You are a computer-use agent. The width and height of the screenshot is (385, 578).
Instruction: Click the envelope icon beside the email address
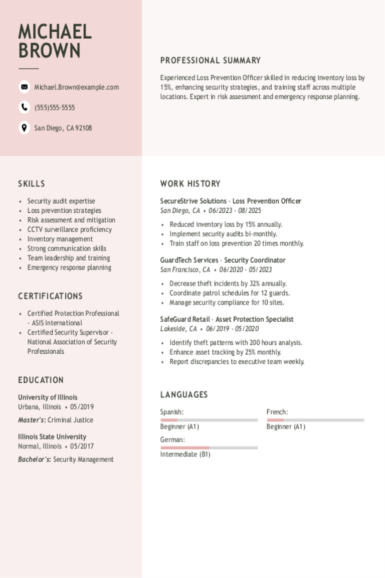tap(24, 87)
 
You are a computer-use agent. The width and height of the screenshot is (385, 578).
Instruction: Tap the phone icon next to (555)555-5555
tap(24, 107)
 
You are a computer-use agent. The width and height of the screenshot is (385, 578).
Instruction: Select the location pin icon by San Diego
tap(24, 127)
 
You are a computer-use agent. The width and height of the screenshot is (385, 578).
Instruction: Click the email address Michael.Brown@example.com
tap(76, 87)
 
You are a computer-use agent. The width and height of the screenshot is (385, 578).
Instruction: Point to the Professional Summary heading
tap(210, 61)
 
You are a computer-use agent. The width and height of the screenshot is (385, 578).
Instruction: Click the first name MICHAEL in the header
tap(55, 32)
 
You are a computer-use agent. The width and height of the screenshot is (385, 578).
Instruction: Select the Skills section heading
tap(32, 184)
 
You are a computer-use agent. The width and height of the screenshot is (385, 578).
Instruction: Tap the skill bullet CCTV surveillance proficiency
tap(69, 229)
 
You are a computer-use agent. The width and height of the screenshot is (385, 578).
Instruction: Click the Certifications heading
tap(50, 296)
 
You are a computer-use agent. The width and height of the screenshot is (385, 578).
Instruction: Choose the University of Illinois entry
tap(48, 397)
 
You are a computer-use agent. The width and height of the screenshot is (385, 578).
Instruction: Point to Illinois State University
tap(52, 437)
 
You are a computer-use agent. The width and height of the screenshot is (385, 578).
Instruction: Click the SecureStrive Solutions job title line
tap(231, 201)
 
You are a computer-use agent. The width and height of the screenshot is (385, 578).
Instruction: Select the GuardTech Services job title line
tap(223, 260)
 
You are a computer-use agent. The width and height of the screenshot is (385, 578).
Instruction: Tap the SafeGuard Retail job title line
tap(227, 319)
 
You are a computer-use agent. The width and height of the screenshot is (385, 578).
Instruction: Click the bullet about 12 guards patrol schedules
tap(230, 293)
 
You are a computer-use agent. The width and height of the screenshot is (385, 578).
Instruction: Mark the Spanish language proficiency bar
tap(209, 420)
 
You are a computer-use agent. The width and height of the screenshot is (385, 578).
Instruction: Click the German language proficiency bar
tap(209, 448)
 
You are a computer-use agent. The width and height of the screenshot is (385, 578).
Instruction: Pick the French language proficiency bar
tap(315, 420)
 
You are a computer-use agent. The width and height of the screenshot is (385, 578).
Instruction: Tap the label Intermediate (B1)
tap(185, 455)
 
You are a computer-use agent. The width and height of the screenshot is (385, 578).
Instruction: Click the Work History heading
tap(190, 184)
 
